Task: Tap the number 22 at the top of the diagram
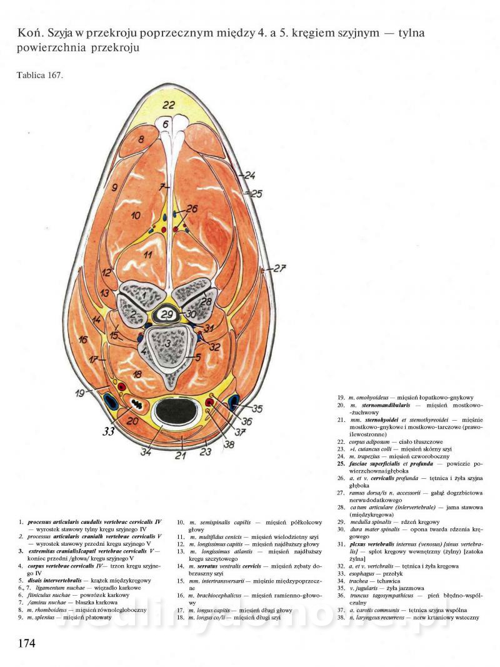169,105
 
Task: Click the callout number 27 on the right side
279,269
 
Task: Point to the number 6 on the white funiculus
166,124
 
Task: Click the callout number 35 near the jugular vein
257,409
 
